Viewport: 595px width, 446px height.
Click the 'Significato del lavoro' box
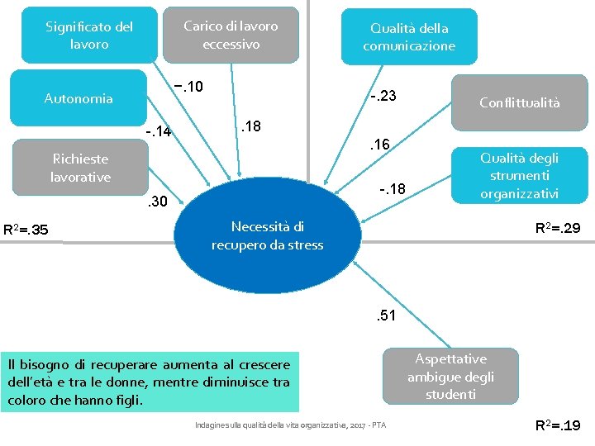click(x=88, y=35)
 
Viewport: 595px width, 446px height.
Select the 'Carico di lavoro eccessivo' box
click(x=231, y=35)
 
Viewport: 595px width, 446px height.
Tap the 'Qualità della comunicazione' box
click(x=409, y=37)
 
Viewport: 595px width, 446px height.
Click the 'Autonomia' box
click(x=79, y=99)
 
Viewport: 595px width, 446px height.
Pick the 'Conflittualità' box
click(x=519, y=102)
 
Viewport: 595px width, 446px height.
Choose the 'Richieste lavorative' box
click(x=80, y=168)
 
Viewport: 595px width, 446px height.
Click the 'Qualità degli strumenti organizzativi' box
click(x=519, y=175)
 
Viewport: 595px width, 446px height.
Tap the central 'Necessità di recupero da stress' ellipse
click(x=267, y=235)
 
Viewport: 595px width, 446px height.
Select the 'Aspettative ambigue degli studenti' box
click(x=450, y=377)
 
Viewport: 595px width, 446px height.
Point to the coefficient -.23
click(x=383, y=97)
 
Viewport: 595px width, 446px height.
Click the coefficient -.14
click(x=157, y=131)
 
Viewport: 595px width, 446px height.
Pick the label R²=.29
click(x=558, y=227)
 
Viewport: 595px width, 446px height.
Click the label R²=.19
click(x=558, y=426)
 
